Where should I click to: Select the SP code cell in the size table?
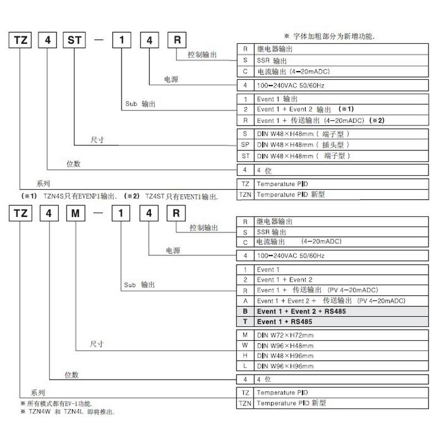245,144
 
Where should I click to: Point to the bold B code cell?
245,311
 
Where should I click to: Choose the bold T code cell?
245,322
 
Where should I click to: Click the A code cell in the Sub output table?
245,301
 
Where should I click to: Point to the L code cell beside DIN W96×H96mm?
245,366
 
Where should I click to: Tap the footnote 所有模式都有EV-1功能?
56,403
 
